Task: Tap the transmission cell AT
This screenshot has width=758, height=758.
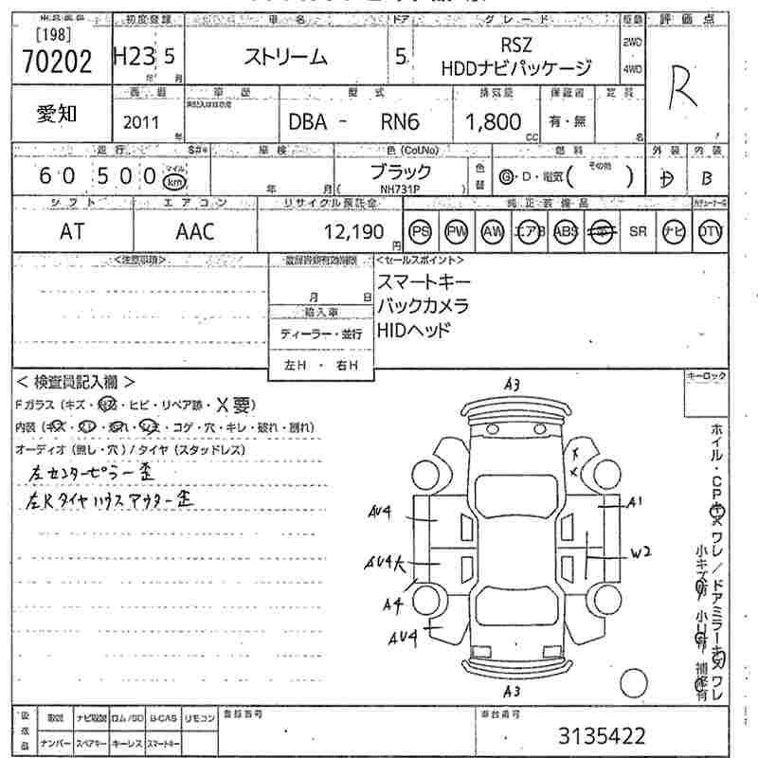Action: coord(70,231)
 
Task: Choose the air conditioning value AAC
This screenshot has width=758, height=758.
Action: coord(195,231)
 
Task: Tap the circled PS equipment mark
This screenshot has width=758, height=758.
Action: coord(421,232)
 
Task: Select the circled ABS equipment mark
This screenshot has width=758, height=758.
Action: coord(565,232)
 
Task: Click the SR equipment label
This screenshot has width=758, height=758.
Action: coord(637,232)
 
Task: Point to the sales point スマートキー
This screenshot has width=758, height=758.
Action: coord(424,281)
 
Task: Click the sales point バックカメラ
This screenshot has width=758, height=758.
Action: coord(424,306)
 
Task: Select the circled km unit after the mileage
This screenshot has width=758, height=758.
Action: coord(173,180)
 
